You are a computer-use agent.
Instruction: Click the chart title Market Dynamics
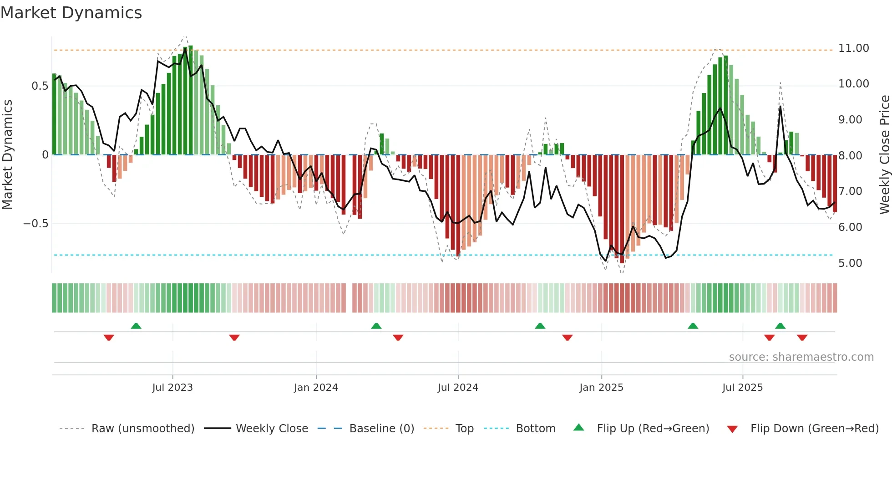[x=71, y=13]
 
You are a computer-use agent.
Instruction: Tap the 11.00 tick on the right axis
[x=853, y=48]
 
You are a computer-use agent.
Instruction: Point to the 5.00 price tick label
[x=850, y=263]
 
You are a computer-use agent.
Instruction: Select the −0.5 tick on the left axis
[x=35, y=224]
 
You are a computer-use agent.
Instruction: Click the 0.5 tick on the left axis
[x=40, y=86]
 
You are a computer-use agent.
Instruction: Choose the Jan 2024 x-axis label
[x=316, y=388]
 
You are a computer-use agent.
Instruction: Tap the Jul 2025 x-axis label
[x=742, y=388]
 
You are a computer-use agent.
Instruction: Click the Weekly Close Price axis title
[x=884, y=155]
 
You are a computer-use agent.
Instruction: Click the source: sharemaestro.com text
[x=801, y=357]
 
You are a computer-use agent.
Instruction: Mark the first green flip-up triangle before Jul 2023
[x=136, y=326]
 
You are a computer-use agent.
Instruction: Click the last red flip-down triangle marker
[x=802, y=338]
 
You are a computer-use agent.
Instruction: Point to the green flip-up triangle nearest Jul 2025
[x=780, y=326]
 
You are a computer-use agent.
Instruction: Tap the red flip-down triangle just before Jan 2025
[x=567, y=338]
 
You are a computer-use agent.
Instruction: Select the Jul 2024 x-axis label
[x=458, y=388]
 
